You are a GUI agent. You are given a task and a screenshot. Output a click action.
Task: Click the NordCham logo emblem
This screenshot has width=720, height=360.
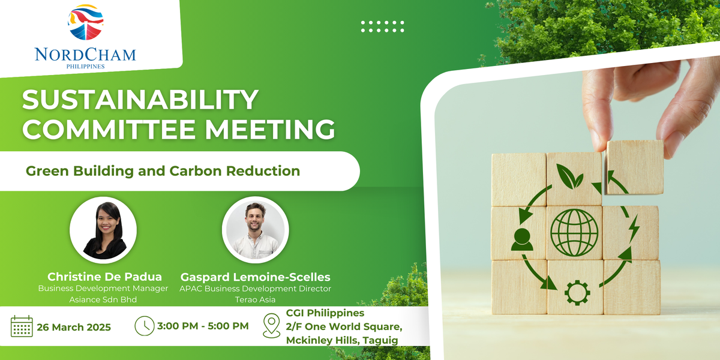point(86,25)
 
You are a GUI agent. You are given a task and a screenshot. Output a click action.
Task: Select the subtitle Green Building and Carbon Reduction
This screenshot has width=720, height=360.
point(163,171)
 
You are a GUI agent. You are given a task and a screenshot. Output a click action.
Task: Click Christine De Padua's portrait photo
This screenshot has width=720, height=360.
point(103,230)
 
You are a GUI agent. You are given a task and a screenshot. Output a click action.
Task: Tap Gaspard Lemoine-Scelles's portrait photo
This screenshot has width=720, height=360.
point(256,230)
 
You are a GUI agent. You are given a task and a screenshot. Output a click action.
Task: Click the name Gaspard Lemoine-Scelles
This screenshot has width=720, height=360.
point(256,277)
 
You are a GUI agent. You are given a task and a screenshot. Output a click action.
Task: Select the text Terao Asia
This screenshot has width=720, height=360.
point(256,298)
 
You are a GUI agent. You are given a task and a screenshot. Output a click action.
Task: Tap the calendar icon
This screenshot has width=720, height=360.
point(22,326)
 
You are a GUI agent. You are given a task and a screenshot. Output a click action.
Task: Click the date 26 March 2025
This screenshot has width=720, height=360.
point(74,328)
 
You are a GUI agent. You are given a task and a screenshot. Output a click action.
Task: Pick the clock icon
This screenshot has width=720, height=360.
point(144,326)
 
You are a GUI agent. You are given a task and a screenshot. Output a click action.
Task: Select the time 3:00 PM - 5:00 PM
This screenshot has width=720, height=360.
point(203,326)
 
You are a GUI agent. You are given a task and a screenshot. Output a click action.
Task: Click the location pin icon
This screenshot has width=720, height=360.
point(272,326)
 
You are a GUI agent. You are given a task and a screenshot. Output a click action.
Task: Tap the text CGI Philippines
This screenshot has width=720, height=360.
point(325,313)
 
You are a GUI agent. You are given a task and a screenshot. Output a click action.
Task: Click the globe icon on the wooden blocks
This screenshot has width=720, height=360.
point(574,233)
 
